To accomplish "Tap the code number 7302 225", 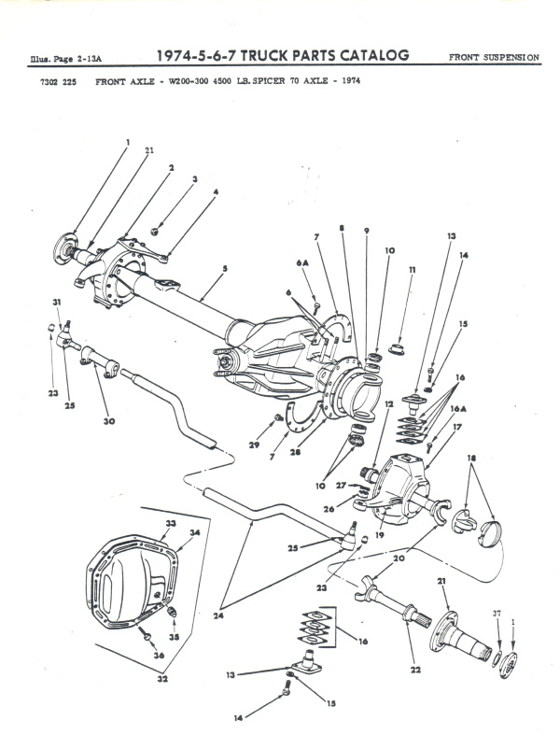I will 54,81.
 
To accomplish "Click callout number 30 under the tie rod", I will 109,421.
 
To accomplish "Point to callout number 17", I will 458,428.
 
